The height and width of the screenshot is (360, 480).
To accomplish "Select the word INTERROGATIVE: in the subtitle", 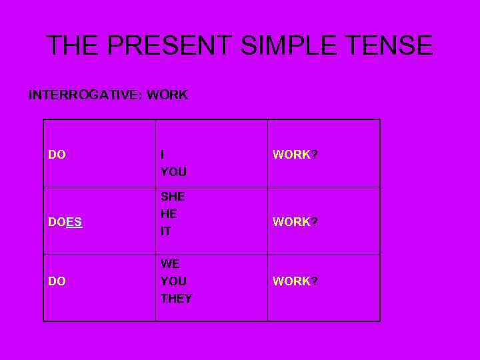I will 85,95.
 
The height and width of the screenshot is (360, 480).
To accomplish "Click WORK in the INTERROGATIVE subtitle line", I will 167,95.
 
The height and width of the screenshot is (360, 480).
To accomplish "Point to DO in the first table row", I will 57,155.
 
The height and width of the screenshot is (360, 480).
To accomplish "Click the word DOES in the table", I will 65,222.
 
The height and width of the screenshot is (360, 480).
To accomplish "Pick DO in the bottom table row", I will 57,281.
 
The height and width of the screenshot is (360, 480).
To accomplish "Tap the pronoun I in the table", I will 163,155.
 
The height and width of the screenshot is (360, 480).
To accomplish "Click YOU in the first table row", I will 173,172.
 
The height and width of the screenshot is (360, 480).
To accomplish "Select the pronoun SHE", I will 173,197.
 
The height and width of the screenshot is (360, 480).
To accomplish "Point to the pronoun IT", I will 165,231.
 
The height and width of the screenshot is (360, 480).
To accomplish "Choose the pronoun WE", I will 170,264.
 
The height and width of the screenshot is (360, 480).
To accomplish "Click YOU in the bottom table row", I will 173,281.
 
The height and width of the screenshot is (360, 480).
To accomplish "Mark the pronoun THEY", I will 176,299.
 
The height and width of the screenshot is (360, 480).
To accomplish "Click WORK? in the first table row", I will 295,155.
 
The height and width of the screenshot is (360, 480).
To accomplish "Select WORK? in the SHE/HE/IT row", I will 295,222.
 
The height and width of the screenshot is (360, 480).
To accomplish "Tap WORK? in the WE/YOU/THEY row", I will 295,281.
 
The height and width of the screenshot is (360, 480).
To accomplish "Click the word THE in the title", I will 73,45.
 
